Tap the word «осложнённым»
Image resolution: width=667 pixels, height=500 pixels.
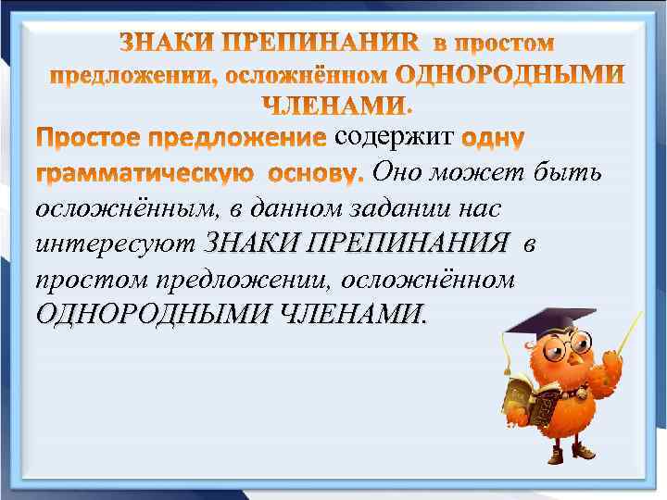110,208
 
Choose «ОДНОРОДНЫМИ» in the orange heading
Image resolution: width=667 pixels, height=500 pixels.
510,73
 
